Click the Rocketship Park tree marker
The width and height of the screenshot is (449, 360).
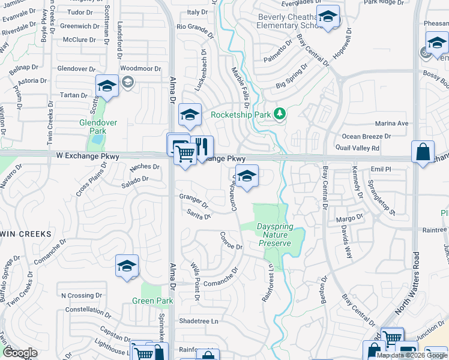pyautogui.click(x=279, y=113)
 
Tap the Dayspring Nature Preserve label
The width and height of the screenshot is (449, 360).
pyautogui.click(x=274, y=235)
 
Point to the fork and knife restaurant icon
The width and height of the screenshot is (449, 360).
pyautogui.click(x=202, y=146)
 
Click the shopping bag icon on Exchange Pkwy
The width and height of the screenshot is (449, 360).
pyautogui.click(x=423, y=151)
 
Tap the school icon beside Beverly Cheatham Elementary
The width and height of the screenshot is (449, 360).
pyautogui.click(x=327, y=17)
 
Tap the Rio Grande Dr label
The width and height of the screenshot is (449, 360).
pyautogui.click(x=195, y=27)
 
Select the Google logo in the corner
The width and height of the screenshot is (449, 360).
pyautogui.click(x=20, y=352)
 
